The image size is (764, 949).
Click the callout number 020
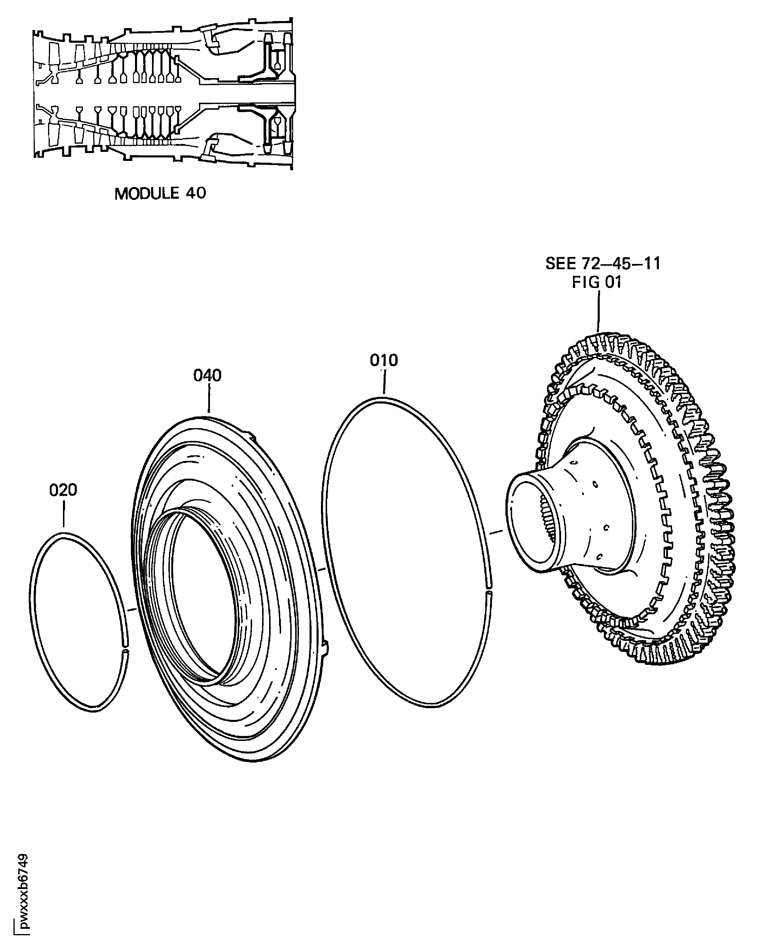tap(63, 490)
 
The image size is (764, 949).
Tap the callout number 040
tap(207, 375)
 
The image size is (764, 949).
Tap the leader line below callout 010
tap(384, 382)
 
